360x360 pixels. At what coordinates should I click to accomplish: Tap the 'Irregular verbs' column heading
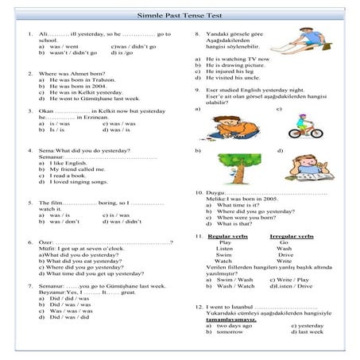point(292,237)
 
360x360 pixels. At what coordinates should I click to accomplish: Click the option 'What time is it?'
point(234,205)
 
